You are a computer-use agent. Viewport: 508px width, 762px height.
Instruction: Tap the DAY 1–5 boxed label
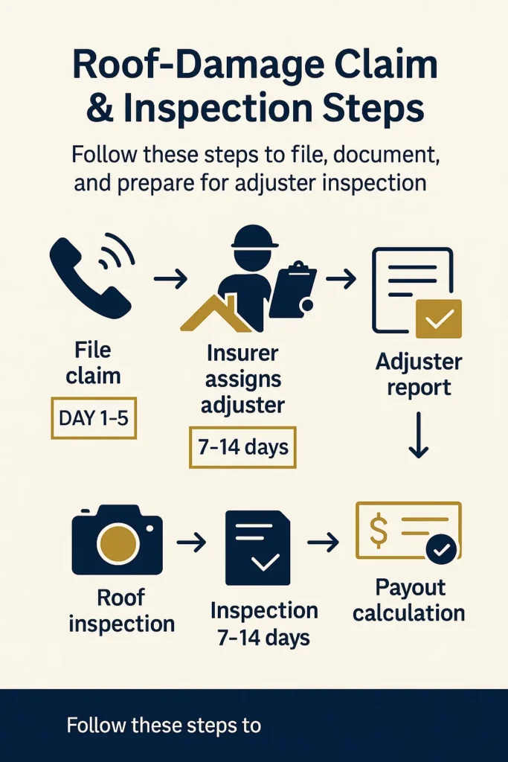93,418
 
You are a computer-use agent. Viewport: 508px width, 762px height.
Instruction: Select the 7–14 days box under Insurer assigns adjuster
242,447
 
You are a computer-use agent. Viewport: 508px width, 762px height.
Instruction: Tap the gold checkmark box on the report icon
438,318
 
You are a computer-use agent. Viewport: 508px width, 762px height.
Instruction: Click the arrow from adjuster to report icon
341,279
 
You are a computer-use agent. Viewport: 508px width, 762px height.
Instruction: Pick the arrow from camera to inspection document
191,543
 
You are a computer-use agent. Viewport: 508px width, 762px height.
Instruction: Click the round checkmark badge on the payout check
442,550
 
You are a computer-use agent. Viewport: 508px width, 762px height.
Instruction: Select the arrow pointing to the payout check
324,543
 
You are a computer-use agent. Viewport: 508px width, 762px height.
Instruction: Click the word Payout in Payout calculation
410,588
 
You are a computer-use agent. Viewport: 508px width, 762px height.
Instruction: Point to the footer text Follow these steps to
164,725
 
